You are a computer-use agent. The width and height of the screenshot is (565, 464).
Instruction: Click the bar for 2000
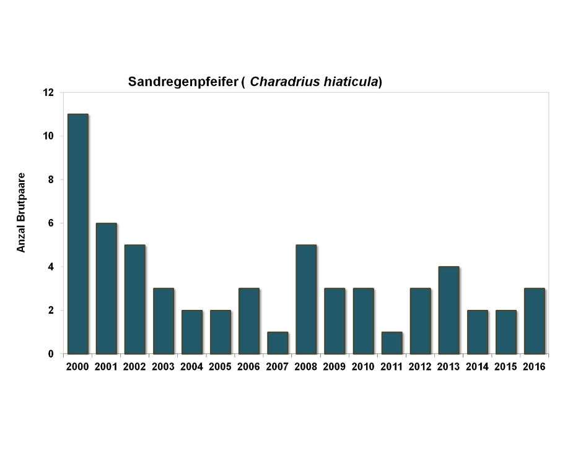coord(77,234)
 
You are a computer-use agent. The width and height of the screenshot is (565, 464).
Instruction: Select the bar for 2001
coord(106,288)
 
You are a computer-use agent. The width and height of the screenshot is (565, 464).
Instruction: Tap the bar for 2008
coord(306,299)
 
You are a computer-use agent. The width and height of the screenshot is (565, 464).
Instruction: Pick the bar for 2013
coord(449,310)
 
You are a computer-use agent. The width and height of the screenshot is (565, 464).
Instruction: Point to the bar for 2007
coord(278,343)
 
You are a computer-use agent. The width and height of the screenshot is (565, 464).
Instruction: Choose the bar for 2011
coord(392,343)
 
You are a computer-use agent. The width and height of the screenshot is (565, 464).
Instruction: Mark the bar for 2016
coord(534,321)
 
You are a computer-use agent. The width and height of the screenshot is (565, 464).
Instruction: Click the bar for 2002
coord(134,299)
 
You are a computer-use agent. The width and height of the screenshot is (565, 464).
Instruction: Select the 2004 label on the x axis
coord(192,366)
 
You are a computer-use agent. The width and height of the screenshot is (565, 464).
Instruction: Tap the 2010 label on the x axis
coord(363,366)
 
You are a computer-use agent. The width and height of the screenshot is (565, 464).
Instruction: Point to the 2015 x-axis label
coord(506,366)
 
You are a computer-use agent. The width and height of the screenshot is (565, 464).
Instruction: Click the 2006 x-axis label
coord(249,366)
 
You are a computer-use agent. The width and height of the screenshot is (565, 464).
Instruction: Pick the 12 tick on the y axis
coord(49,93)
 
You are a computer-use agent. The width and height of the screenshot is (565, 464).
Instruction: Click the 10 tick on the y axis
coord(49,136)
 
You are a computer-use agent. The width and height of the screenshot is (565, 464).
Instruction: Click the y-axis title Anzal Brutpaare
coord(21,212)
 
